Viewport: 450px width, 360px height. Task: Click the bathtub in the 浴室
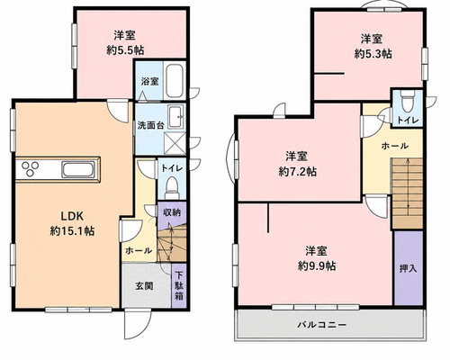[x=175, y=80]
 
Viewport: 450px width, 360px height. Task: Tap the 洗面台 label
[x=150, y=125]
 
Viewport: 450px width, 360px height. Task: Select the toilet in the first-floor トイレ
[x=172, y=187]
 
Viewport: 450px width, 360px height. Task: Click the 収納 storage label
[x=172, y=212]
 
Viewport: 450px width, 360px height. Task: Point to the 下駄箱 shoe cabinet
[x=179, y=285]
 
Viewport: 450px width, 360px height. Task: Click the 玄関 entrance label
[x=144, y=285]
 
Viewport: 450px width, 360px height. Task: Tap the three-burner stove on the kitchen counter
[x=29, y=168]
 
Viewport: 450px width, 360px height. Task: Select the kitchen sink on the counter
[x=78, y=169]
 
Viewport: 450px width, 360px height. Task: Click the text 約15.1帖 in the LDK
[x=72, y=230]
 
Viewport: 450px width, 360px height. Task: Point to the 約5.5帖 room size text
[x=125, y=49]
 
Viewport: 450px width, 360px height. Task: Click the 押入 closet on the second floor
[x=409, y=268]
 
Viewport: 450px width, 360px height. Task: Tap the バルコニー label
[x=322, y=325]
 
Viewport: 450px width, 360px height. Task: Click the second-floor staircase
[x=407, y=194]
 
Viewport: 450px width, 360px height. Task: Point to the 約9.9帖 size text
[x=317, y=265]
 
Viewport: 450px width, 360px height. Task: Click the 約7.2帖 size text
[x=297, y=172]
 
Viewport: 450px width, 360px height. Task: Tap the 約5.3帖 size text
[x=373, y=54]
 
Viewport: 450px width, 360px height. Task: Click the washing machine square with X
[x=175, y=144]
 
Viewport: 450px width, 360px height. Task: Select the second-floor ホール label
[x=394, y=146]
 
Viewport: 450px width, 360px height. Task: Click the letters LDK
[x=72, y=215]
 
